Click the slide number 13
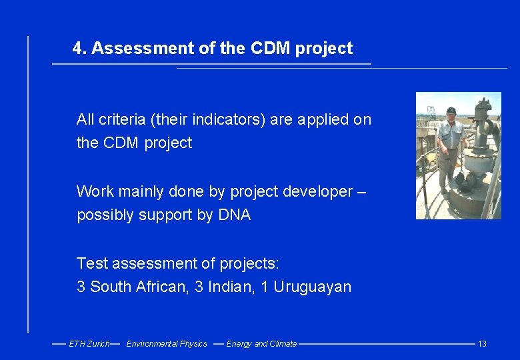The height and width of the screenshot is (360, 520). (482, 344)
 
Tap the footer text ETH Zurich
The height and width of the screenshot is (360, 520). (89, 344)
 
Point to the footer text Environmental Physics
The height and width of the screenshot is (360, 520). (167, 344)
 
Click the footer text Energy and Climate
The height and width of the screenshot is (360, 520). (261, 344)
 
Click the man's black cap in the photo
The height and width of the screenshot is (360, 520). (451, 110)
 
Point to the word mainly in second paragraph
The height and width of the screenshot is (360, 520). (142, 192)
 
